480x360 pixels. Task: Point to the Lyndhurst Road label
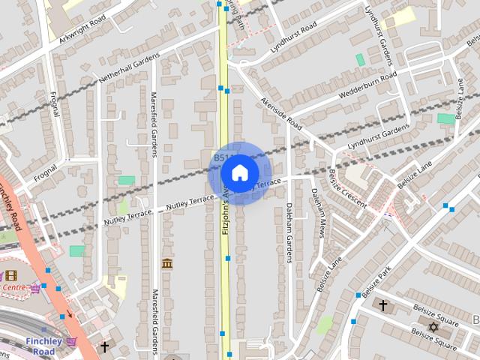[294, 34]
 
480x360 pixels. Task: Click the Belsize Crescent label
[347, 188]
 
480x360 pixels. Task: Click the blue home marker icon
[239, 172]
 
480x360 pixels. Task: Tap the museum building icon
[166, 263]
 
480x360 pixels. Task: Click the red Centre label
[13, 287]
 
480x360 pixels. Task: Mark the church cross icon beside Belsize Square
[383, 305]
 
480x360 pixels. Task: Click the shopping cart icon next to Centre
[35, 287]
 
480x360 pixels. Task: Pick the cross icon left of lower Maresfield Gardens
[104, 347]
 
